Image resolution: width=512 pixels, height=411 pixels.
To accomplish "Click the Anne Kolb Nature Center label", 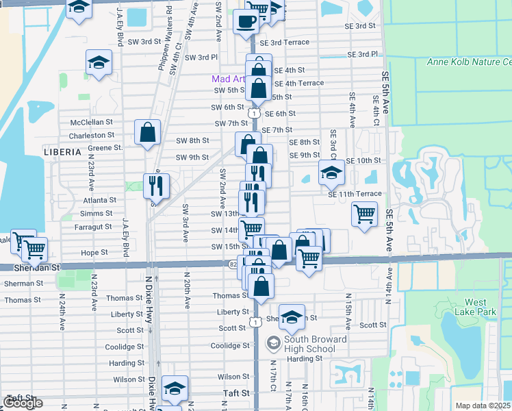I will [468, 62].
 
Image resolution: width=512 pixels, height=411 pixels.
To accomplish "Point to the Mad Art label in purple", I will [225, 79].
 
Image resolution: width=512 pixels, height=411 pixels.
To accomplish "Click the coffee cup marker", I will [246, 21].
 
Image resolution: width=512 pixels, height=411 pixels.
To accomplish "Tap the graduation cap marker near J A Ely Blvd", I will [99, 62].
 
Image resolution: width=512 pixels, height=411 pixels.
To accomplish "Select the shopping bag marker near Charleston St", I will [147, 134].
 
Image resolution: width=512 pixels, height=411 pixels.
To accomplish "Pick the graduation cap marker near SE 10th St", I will [331, 173].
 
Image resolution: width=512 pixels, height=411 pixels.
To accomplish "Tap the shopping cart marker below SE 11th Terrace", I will [364, 214].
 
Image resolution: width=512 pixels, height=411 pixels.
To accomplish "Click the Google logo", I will [23, 402].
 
